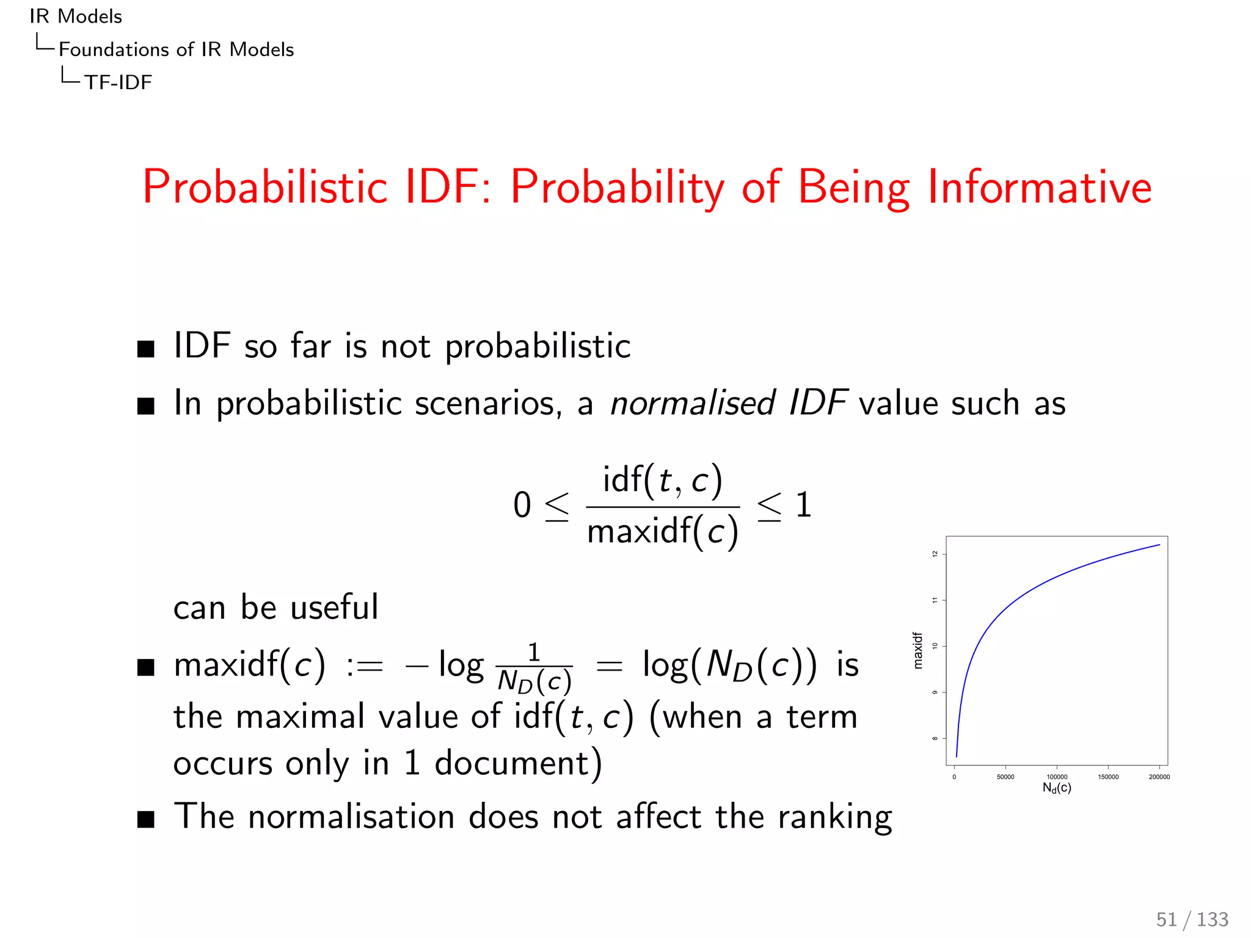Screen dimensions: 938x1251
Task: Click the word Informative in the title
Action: point(1039,187)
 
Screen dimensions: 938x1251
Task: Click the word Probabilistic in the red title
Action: point(265,188)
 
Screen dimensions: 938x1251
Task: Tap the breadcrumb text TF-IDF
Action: point(118,82)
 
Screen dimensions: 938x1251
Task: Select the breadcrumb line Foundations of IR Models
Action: point(176,49)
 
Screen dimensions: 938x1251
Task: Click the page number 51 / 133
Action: point(1192,919)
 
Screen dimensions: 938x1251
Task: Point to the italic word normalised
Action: point(692,403)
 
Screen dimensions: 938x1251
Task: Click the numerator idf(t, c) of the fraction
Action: point(663,480)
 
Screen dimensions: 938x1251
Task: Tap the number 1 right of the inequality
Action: point(803,506)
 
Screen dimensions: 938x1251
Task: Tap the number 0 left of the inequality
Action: point(522,506)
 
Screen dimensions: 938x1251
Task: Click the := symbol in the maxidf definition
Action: point(365,666)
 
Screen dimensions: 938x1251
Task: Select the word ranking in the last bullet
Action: point(834,817)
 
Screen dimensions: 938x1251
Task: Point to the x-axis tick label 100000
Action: point(1057,777)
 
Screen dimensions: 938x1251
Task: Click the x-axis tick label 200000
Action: point(1159,777)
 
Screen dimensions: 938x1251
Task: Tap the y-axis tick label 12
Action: point(935,554)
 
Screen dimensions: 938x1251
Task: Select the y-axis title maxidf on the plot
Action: point(917,650)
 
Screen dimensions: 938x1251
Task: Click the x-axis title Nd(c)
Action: point(1057,788)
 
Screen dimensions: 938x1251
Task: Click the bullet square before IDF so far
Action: point(146,349)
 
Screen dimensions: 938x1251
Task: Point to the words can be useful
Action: point(275,608)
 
